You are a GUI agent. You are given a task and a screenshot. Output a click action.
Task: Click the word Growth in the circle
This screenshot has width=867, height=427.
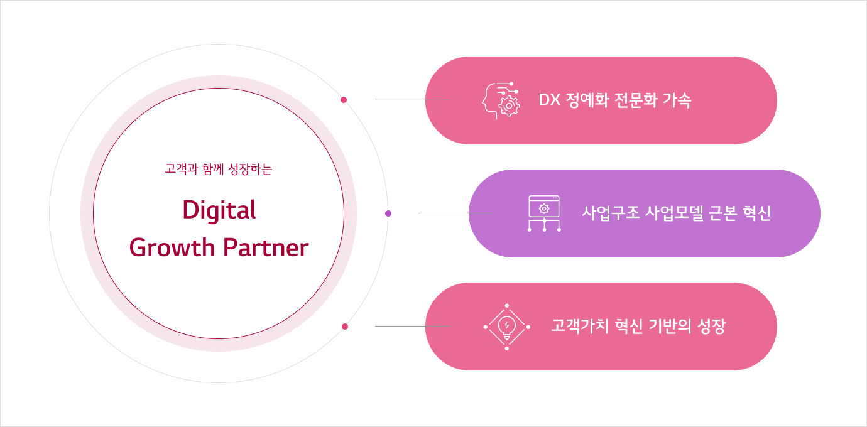pyautogui.click(x=172, y=247)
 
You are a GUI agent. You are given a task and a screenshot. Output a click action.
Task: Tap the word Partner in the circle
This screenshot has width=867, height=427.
pyautogui.click(x=266, y=247)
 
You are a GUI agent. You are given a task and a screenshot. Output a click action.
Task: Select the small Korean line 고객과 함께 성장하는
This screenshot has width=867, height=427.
pyautogui.click(x=219, y=169)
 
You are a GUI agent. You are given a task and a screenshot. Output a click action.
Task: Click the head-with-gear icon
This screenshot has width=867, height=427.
pyautogui.click(x=501, y=100)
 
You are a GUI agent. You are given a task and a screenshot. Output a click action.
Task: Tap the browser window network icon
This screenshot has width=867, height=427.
pyautogui.click(x=544, y=213)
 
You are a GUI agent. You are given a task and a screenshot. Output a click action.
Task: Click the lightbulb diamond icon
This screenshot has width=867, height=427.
pyautogui.click(x=506, y=327)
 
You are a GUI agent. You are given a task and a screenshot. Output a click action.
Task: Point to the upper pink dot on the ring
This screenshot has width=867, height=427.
pyautogui.click(x=343, y=100)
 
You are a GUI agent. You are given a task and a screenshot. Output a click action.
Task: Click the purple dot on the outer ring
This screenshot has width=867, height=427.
pyautogui.click(x=388, y=213)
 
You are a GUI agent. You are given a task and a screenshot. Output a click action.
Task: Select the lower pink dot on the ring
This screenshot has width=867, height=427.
pyautogui.click(x=345, y=327)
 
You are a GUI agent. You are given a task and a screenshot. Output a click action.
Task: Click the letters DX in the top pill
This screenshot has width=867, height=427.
pyautogui.click(x=550, y=100)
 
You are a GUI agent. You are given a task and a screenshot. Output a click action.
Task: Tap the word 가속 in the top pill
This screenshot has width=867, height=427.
pyautogui.click(x=677, y=100)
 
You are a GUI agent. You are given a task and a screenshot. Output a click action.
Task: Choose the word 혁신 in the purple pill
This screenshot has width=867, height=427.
pyautogui.click(x=756, y=213)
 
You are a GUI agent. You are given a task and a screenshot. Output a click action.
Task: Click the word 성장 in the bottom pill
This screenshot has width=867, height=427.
pyautogui.click(x=711, y=326)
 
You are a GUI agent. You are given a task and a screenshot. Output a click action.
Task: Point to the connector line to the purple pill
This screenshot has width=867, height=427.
pyautogui.click(x=456, y=213)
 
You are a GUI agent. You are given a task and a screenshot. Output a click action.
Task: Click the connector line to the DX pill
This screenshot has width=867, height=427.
pyautogui.click(x=413, y=100)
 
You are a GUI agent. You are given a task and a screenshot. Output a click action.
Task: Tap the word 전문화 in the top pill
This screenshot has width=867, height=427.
pyautogui.click(x=636, y=100)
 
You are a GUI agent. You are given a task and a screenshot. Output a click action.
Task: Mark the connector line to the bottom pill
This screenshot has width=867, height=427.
pyautogui.click(x=413, y=326)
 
